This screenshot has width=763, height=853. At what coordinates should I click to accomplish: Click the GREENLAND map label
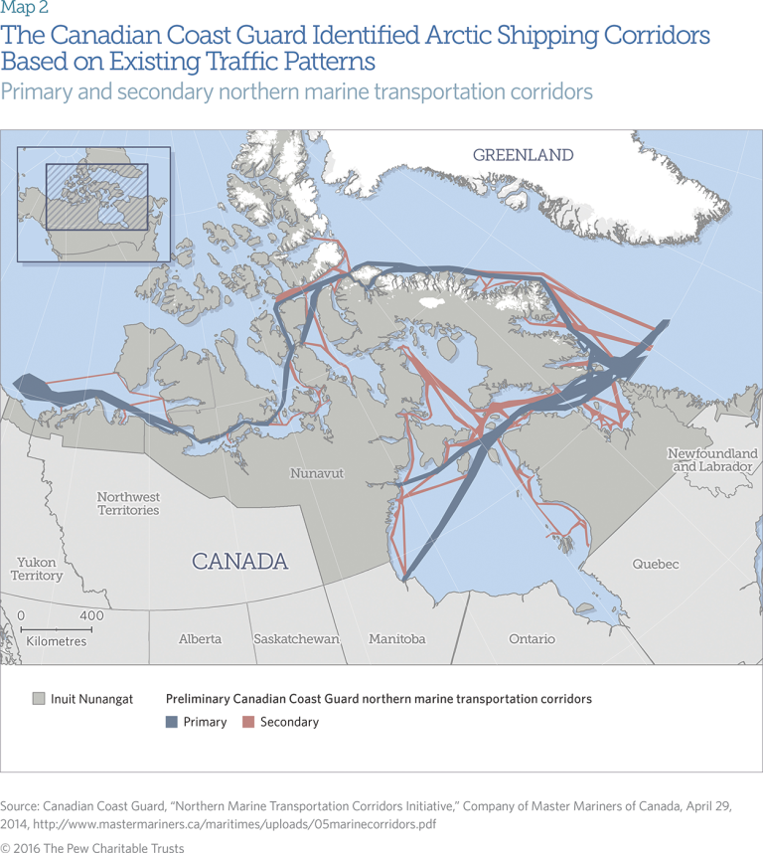[523, 155]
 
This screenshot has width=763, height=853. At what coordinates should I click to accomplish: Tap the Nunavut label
[316, 473]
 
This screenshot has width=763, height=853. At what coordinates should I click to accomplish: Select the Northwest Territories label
[128, 503]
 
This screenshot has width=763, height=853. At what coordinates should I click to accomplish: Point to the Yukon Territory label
[37, 569]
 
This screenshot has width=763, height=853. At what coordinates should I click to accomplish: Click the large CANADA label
[239, 562]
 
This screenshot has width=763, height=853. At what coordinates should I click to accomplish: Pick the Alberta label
[200, 639]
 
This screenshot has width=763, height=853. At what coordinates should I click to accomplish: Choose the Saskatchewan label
[296, 639]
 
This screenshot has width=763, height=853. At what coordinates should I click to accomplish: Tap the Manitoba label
[396, 639]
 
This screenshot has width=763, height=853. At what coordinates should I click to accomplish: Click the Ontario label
[532, 639]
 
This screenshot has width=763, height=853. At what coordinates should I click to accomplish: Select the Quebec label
[656, 565]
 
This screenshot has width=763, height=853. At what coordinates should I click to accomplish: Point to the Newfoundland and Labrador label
[711, 459]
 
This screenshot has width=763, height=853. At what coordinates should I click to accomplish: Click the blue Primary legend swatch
[172, 722]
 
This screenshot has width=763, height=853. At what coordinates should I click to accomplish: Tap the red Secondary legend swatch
[249, 722]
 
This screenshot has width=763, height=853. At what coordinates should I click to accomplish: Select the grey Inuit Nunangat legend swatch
[39, 699]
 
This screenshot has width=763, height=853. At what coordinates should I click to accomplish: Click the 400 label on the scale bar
[91, 616]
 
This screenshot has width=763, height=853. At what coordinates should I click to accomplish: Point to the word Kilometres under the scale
[57, 642]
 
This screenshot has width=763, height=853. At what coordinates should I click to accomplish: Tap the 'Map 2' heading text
[24, 9]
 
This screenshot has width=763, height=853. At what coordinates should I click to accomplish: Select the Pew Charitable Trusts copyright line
[92, 848]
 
